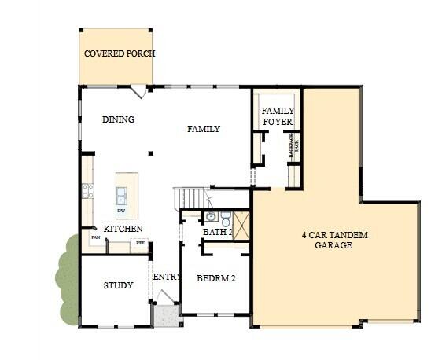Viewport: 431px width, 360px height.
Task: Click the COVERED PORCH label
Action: click(x=120, y=54)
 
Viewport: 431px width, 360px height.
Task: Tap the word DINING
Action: click(x=118, y=120)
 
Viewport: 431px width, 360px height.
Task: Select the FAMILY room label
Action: click(x=203, y=129)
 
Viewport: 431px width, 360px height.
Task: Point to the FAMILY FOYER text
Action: click(x=277, y=116)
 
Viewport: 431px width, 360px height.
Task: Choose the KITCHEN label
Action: click(x=123, y=229)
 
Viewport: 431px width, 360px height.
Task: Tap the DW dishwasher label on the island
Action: click(x=121, y=211)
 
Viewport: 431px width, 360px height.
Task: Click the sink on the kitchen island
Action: click(x=122, y=193)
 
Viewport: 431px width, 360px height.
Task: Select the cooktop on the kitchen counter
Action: click(x=88, y=190)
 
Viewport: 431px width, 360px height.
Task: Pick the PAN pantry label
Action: click(x=94, y=237)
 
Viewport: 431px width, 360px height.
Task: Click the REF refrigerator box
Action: click(x=140, y=244)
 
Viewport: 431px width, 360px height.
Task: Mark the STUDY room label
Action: click(x=118, y=285)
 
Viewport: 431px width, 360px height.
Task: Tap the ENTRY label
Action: click(x=167, y=277)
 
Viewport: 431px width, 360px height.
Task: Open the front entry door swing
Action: click(x=166, y=297)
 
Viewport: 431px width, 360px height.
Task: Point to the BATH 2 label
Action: click(x=217, y=233)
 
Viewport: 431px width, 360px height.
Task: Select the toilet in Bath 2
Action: click(x=225, y=218)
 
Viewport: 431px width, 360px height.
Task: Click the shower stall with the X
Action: click(x=241, y=226)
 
